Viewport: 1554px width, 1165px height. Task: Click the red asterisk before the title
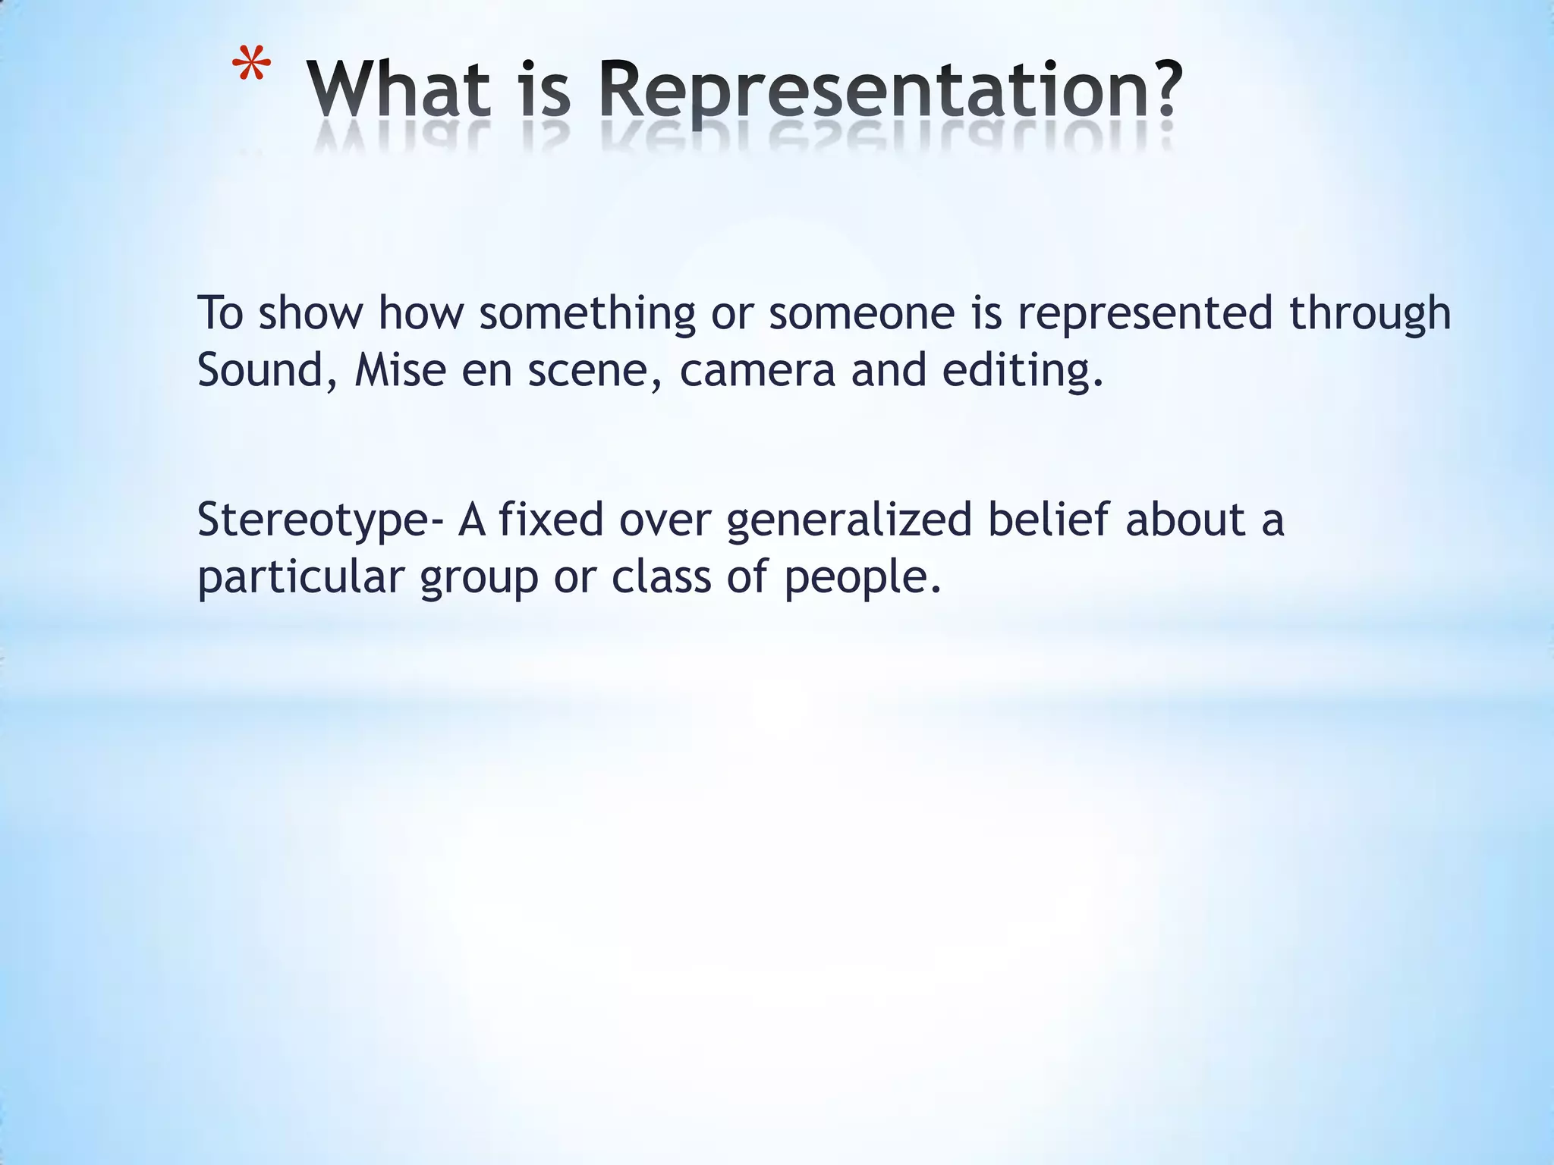251,67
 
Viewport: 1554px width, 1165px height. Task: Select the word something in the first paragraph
587,313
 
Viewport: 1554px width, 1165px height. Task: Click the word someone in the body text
861,313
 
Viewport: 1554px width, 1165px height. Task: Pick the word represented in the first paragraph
1144,313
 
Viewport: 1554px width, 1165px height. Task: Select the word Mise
400,370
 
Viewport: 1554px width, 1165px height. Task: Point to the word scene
590,370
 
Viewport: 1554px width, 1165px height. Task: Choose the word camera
757,370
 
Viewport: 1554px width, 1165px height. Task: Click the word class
662,576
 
